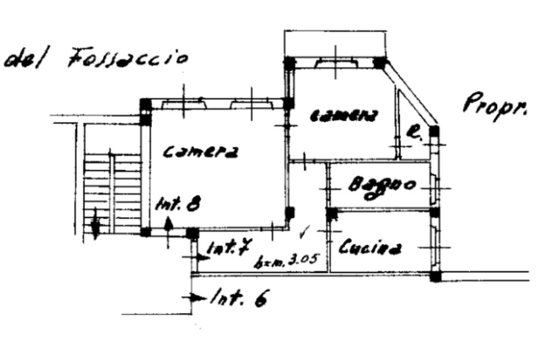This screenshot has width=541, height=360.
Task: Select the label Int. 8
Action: pyautogui.click(x=178, y=204)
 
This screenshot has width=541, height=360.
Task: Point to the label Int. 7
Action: pyautogui.click(x=228, y=249)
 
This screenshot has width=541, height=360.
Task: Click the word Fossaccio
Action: pyautogui.click(x=127, y=57)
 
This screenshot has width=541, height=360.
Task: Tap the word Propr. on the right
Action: pyautogui.click(x=495, y=108)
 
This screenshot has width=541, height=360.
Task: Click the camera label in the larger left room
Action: pyautogui.click(x=200, y=152)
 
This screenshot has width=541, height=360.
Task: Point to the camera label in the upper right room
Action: pyautogui.click(x=344, y=116)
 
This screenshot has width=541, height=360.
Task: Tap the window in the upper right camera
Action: pyautogui.click(x=335, y=64)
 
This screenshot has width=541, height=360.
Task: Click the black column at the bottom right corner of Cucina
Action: pyautogui.click(x=435, y=276)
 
